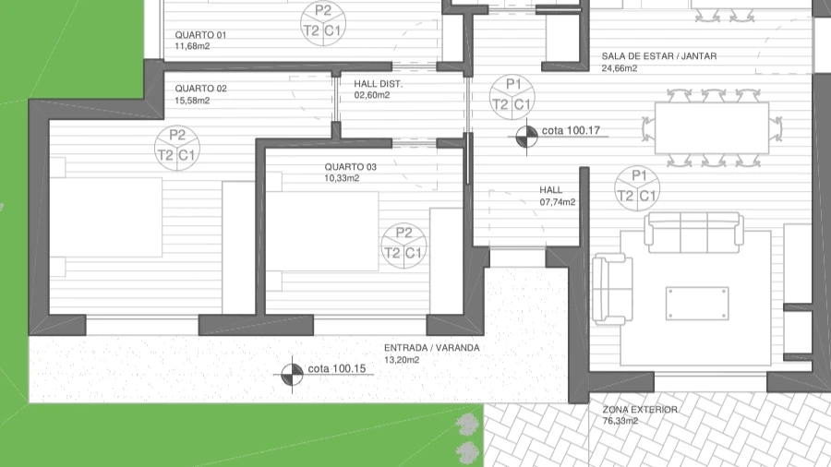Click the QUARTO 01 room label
click(x=200, y=35)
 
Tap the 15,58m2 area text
click(x=192, y=100)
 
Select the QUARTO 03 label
click(x=350, y=167)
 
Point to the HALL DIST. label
click(x=378, y=84)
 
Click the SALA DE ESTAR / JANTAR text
click(x=658, y=55)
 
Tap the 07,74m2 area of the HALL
click(x=558, y=202)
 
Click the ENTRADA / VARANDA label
click(x=431, y=348)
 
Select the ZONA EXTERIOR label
click(x=640, y=409)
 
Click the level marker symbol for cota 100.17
click(x=526, y=138)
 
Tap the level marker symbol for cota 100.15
click(x=292, y=375)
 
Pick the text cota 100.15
click(x=336, y=368)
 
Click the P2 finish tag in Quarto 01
click(x=323, y=23)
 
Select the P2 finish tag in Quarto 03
click(x=403, y=245)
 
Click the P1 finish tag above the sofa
click(x=637, y=188)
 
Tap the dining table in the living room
click(x=712, y=128)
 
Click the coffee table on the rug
click(x=697, y=304)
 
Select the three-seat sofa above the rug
click(x=693, y=233)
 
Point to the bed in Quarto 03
click(x=322, y=231)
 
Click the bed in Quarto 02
click(x=106, y=217)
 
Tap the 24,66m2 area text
click(x=619, y=68)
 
